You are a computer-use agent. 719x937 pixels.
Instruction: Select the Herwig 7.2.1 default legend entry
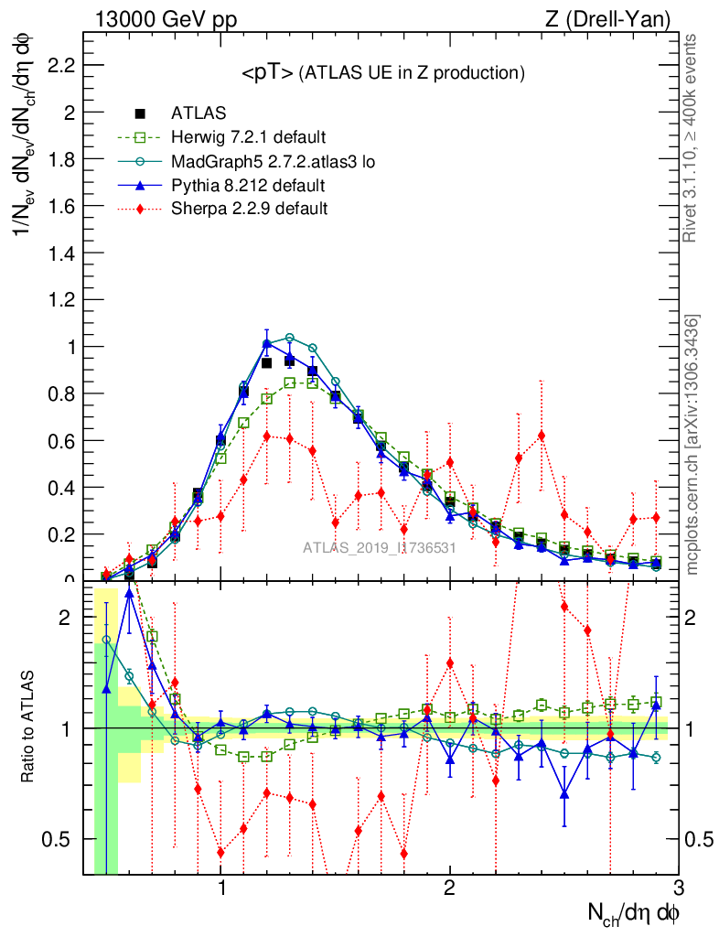(248, 138)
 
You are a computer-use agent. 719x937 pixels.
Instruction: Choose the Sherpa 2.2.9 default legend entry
(249, 209)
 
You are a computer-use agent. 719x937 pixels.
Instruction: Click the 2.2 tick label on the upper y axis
(59, 66)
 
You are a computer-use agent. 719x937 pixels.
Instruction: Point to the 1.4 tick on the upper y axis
(59, 253)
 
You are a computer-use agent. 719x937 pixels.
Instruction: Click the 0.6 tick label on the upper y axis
(59, 440)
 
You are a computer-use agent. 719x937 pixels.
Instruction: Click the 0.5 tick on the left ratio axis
(64, 839)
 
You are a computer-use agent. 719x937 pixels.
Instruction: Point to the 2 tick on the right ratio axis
(696, 618)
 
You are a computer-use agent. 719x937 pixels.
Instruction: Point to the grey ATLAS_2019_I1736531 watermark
(380, 548)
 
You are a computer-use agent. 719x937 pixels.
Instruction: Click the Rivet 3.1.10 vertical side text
(691, 138)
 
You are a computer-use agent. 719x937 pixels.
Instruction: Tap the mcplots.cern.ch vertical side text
(692, 446)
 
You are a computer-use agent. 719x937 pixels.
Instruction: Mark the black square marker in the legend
(140, 114)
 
